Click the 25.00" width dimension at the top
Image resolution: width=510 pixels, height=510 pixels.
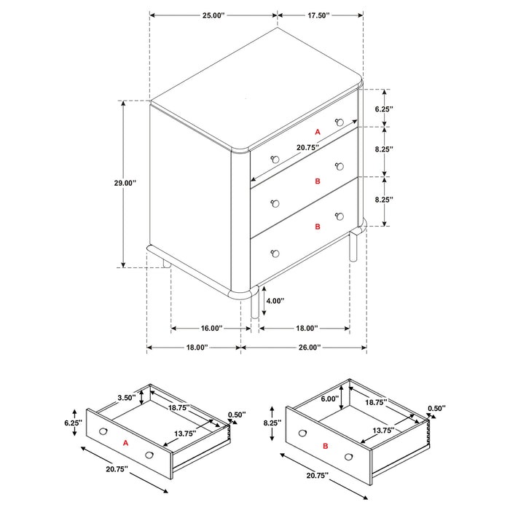213,15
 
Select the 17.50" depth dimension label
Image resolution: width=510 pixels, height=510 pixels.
319,15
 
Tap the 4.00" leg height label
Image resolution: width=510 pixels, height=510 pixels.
275,300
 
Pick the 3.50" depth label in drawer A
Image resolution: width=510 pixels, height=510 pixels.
127,399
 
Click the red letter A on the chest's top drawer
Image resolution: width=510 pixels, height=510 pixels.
317,132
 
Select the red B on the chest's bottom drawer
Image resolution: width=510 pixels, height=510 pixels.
317,227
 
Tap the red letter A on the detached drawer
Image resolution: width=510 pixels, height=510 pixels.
125,443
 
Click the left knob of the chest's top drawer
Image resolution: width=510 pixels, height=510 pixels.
275,159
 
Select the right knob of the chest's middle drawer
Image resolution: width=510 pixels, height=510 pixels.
339,167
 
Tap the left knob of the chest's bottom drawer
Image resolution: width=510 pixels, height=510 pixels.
275,254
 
